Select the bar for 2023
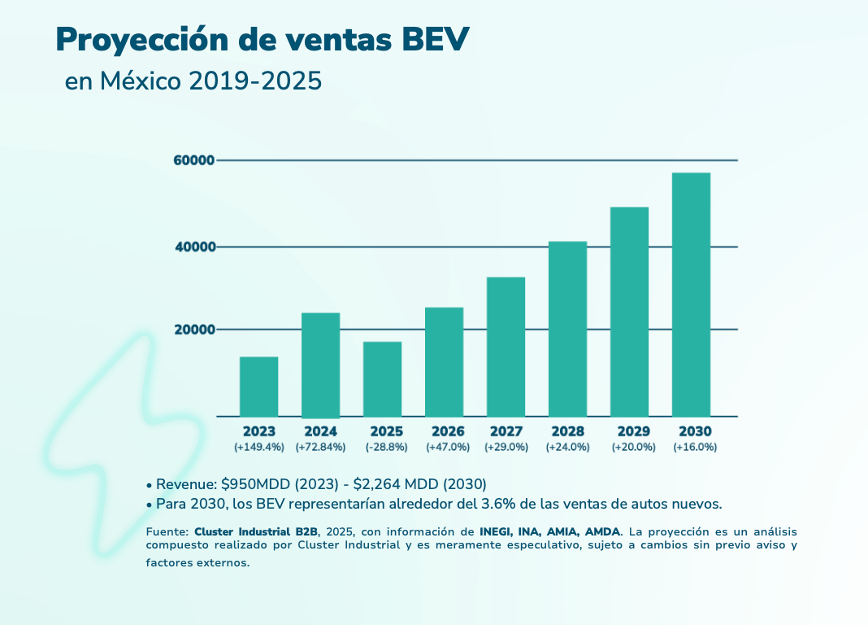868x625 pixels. pos(258,387)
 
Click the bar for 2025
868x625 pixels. pos(382,379)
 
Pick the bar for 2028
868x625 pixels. pos(567,329)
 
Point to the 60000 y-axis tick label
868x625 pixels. pos(193,160)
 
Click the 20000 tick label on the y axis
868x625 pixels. pos(193,330)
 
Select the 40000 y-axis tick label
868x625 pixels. pos(193,247)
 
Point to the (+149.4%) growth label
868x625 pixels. pos(258,447)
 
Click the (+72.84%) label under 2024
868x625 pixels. pos(320,447)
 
